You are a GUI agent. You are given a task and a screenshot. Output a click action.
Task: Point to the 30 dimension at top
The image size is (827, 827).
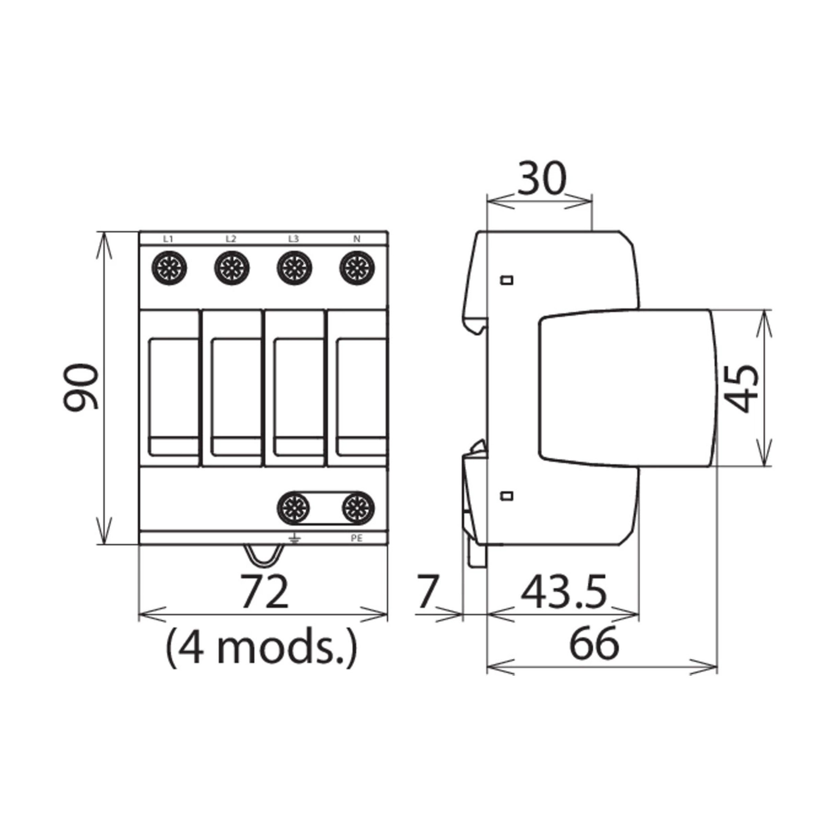pos(541,178)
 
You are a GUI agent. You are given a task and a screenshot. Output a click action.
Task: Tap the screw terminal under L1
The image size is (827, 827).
pos(170,268)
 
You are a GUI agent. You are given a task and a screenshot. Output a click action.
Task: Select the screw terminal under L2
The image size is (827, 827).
pos(232,268)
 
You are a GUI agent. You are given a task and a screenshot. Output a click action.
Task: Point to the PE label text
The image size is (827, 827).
pos(357,539)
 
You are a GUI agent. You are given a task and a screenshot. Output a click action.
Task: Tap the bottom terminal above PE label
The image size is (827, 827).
pos(358,508)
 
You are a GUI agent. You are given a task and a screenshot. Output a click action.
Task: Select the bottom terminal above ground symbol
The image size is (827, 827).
pos(294,508)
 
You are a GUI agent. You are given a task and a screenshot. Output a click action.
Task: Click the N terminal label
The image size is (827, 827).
pos(357,239)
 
